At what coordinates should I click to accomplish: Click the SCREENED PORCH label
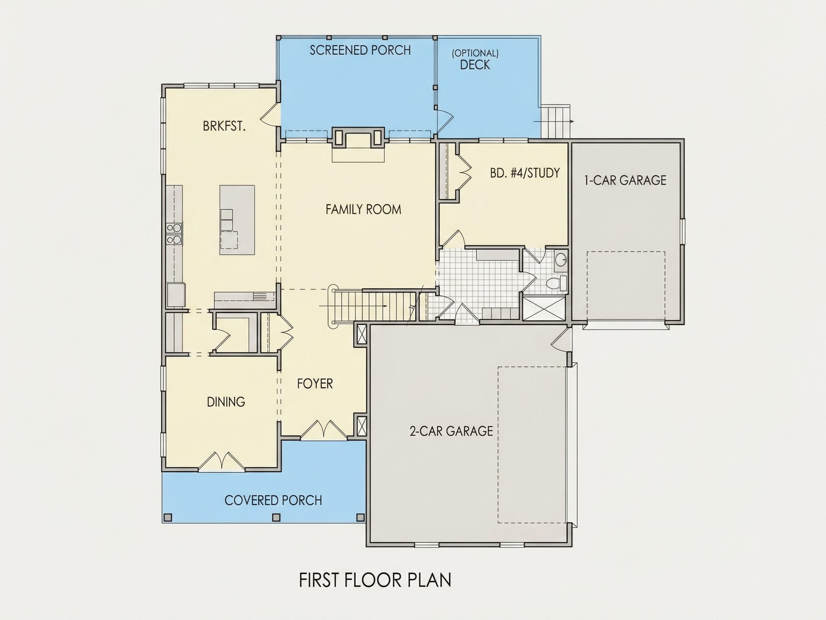point(360,50)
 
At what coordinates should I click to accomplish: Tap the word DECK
point(475,65)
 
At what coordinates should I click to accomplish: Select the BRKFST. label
point(224,126)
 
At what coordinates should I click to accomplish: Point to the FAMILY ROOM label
point(363,209)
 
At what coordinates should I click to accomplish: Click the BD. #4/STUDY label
point(524,173)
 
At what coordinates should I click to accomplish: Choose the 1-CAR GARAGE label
point(625,180)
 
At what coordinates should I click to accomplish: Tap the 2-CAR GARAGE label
point(451,431)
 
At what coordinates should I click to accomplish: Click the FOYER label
point(315,384)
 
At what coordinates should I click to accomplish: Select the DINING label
point(226,402)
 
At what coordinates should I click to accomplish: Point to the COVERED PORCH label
point(273,501)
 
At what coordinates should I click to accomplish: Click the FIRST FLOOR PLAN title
point(375,580)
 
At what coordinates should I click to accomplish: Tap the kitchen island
point(237,220)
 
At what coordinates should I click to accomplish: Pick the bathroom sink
point(560,259)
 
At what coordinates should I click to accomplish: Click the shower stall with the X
point(543,308)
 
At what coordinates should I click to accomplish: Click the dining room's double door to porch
point(222,461)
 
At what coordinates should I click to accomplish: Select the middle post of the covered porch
point(276,518)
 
